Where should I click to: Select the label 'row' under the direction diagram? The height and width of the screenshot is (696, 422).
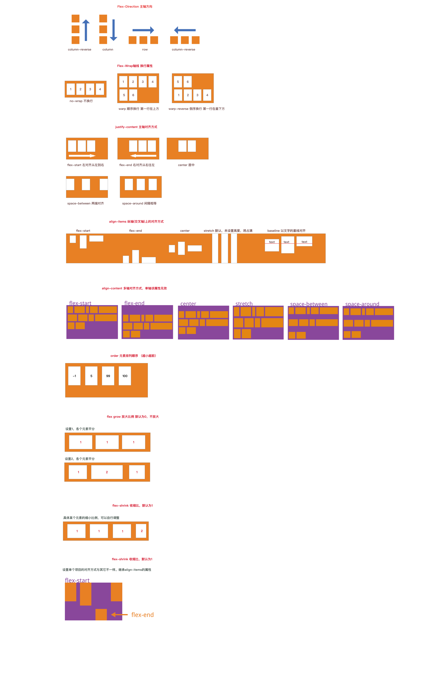click(145, 49)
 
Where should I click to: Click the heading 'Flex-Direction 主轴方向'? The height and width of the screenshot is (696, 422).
click(135, 7)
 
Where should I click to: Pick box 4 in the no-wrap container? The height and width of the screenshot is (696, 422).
click(100, 89)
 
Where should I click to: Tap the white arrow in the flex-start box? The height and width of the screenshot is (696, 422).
click(82, 156)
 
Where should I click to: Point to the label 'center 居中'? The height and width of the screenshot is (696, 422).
click(186, 165)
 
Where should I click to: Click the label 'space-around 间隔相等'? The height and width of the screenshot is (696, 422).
click(139, 203)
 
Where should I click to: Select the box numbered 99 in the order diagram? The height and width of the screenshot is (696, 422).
click(108, 376)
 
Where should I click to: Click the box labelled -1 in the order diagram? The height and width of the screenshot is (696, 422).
click(74, 376)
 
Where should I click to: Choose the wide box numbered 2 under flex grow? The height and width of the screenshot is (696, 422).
click(107, 472)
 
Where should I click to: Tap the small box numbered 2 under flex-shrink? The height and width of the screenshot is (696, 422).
click(141, 531)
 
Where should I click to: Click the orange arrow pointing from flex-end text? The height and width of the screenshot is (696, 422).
click(119, 615)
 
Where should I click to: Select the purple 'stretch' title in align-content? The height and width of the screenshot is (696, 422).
click(244, 304)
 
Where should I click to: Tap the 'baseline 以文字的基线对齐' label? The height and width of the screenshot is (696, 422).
click(286, 231)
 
